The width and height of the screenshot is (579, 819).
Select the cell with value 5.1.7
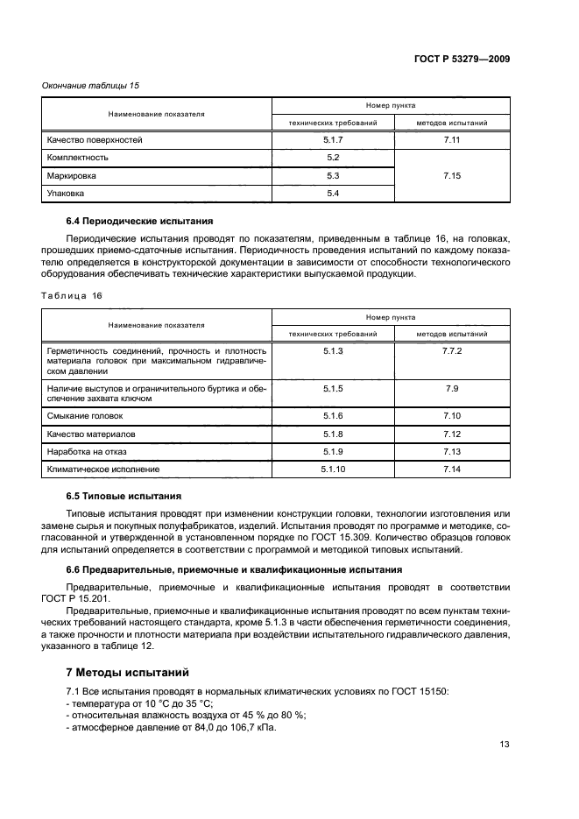332,140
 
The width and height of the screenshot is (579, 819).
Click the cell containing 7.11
452,140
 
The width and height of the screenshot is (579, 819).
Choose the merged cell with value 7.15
452,176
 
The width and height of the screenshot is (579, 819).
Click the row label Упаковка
67,194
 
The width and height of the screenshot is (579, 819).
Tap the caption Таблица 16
71,296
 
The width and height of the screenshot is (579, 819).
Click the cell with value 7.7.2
452,350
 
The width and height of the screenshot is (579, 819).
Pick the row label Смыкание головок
85,416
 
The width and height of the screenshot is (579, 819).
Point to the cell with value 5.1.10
332,470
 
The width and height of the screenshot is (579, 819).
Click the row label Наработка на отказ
88,452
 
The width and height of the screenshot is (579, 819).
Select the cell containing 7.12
452,434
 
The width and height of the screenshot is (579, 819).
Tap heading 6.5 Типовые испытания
124,496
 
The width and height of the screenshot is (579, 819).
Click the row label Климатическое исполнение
103,470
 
